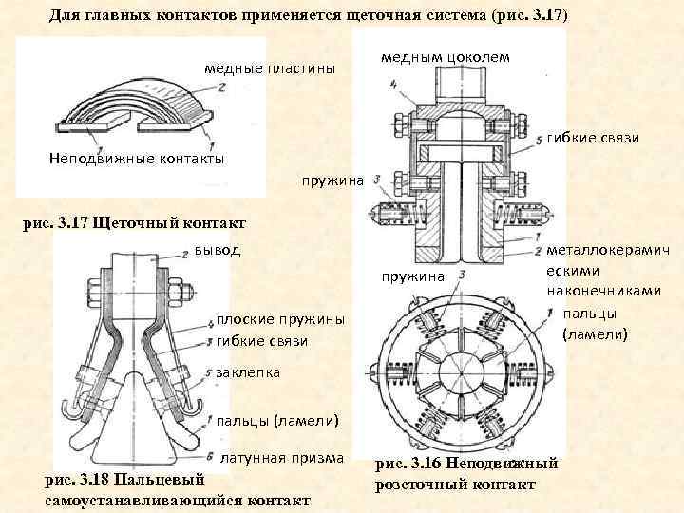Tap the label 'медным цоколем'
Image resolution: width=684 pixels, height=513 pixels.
coord(445,57)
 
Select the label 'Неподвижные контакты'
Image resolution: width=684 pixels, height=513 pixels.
coord(136,159)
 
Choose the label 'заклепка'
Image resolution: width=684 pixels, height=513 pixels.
coord(249,372)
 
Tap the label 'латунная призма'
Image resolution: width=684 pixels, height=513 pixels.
coord(282,458)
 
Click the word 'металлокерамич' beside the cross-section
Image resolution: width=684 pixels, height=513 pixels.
coord(609,249)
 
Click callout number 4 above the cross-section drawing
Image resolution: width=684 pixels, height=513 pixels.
coord(393,84)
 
